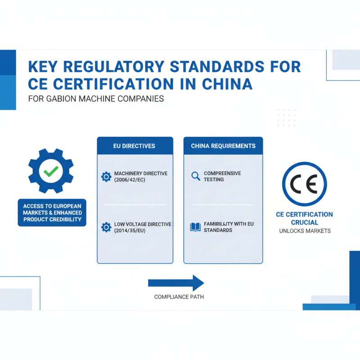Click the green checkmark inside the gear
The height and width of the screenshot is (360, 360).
(x=51, y=171)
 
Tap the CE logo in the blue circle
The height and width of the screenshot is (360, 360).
(x=305, y=184)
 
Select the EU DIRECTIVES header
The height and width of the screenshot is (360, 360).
(x=134, y=146)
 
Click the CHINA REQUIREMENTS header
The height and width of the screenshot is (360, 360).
(x=223, y=146)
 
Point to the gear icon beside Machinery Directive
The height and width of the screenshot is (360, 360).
(x=106, y=176)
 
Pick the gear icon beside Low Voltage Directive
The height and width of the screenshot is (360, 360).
(x=106, y=227)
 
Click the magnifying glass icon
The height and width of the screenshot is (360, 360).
(x=196, y=176)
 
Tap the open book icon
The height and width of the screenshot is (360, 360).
(x=195, y=227)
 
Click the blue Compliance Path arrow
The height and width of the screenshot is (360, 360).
(x=176, y=283)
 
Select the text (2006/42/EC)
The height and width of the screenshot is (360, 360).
(x=130, y=180)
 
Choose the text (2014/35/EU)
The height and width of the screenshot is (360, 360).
(x=130, y=230)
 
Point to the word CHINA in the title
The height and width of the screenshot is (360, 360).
(x=227, y=84)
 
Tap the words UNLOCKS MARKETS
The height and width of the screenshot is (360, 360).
(x=305, y=231)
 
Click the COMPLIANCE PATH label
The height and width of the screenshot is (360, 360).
(x=179, y=297)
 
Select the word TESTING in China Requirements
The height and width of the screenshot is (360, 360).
(x=214, y=180)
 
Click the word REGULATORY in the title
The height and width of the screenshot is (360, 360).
(x=114, y=67)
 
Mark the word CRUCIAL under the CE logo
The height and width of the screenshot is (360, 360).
(x=305, y=222)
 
